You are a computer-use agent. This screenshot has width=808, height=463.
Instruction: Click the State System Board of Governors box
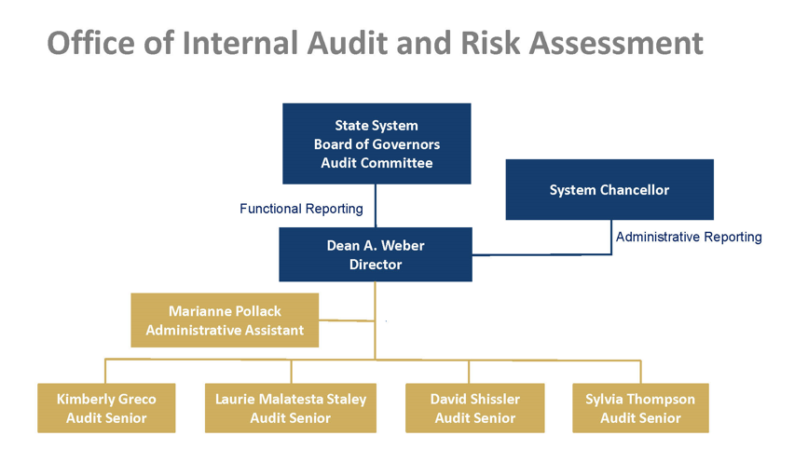pos(377,143)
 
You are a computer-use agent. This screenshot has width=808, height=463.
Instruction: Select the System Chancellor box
pos(609,189)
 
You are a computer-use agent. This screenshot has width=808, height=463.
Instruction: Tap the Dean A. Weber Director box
pos(376,254)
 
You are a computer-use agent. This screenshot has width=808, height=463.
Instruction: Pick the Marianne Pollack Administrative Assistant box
pos(225,320)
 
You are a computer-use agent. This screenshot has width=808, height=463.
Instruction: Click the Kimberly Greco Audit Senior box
pos(106,408)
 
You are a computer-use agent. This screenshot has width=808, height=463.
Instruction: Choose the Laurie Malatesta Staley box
pos(291,408)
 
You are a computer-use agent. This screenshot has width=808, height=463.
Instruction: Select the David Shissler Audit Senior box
pos(475,408)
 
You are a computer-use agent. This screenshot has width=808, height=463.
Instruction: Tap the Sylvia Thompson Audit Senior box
pos(640,408)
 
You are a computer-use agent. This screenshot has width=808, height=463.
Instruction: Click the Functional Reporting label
pos(301,209)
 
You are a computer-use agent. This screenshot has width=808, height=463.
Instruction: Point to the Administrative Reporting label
pos(689,237)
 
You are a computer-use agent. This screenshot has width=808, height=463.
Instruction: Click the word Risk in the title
pos(490,42)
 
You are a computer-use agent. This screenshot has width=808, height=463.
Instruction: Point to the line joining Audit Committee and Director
pos(376,206)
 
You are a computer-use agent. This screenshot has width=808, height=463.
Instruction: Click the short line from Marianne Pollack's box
pos(347,320)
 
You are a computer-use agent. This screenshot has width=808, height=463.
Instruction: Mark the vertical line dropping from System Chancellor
pos(611,237)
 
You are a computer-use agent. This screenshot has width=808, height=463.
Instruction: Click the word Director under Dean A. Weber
pos(376,265)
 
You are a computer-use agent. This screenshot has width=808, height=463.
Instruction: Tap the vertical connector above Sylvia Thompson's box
pos(640,372)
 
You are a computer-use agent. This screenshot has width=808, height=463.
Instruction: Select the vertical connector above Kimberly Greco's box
pos(105,371)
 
